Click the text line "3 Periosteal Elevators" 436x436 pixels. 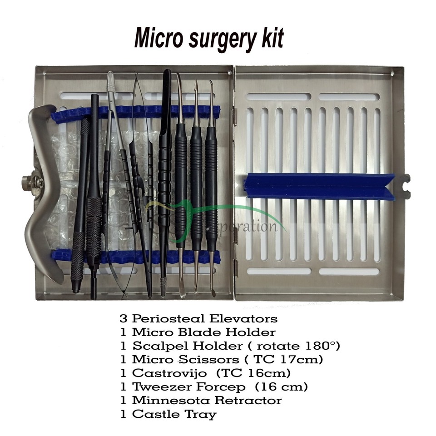(x=198, y=319)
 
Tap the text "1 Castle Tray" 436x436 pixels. (x=168, y=414)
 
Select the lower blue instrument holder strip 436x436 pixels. (x=136, y=258)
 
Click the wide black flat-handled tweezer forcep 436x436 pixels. (x=165, y=150)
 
